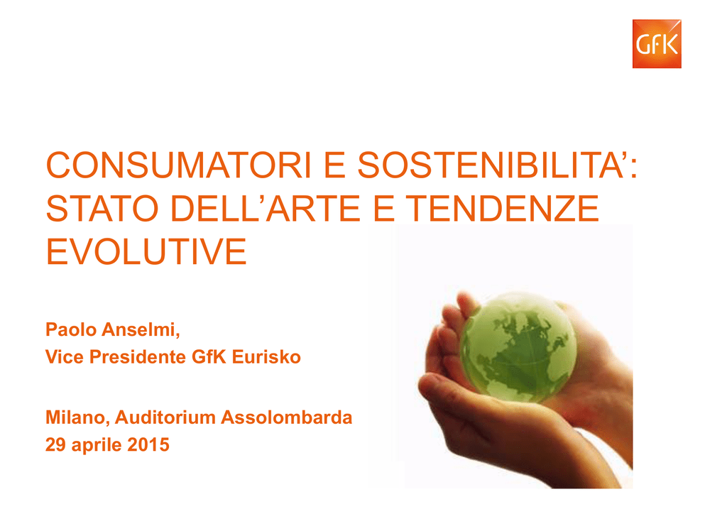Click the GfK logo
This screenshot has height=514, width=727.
click(x=657, y=44)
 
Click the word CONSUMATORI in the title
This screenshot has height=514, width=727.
click(x=178, y=165)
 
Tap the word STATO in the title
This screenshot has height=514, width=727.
click(x=102, y=208)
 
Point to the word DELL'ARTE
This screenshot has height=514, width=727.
click(x=266, y=208)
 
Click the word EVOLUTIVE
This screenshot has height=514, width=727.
click(x=146, y=251)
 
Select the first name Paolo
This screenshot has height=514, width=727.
click(x=71, y=329)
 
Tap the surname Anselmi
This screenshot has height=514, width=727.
click(x=141, y=330)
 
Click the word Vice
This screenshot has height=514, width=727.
click(x=65, y=357)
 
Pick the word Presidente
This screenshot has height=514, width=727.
click(x=138, y=357)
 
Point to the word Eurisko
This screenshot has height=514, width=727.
click(x=266, y=357)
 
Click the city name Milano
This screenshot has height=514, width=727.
click(x=77, y=417)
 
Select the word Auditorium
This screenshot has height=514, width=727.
click(x=165, y=417)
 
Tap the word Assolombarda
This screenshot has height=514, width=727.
click(x=287, y=417)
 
